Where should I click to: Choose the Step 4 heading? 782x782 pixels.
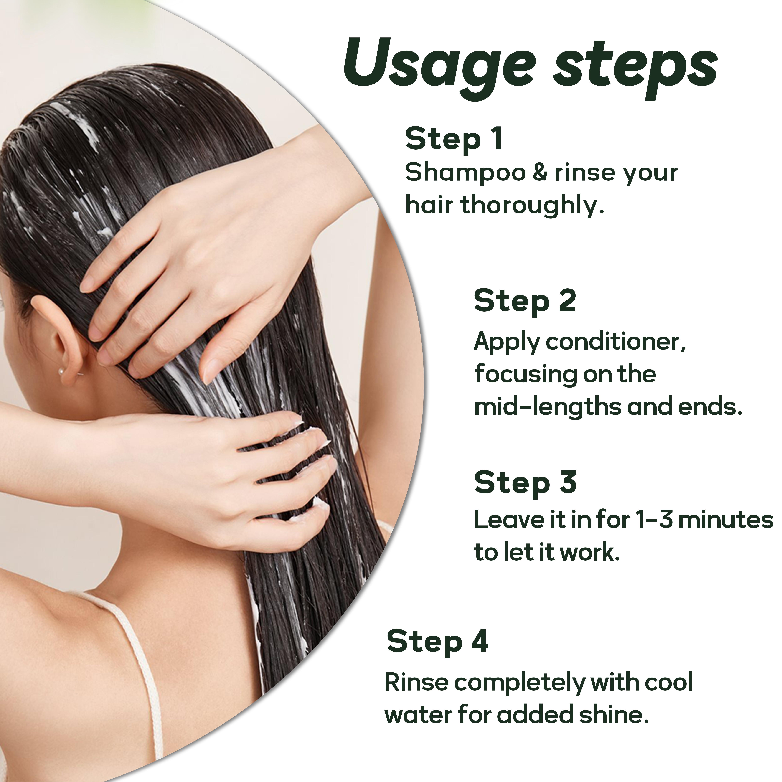[437, 642]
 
